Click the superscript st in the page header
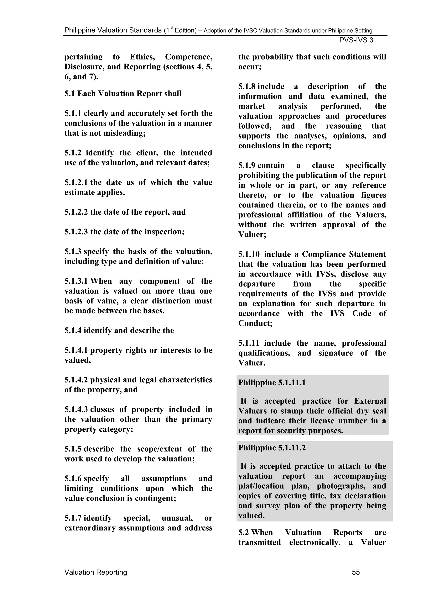pos(171,28)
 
